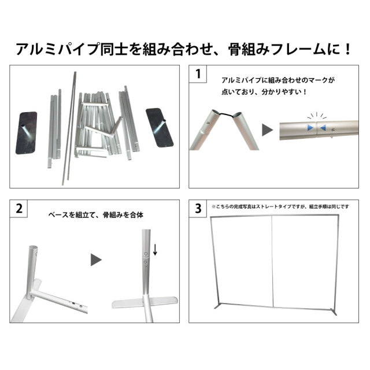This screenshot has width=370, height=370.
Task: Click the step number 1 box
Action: point(198,74)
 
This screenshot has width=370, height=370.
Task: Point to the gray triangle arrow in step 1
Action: point(267,130)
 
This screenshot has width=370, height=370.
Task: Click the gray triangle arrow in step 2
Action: point(97,260)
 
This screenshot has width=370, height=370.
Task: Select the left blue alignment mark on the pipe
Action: point(312,127)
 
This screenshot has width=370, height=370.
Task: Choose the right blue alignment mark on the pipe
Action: point(324,127)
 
